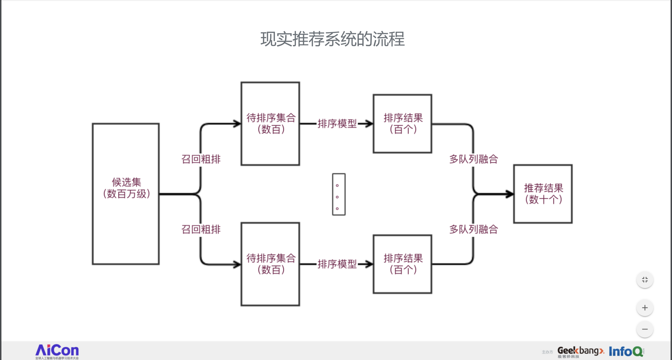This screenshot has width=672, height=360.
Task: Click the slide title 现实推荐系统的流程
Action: click(333, 39)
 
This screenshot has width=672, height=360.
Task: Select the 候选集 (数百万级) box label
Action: click(126, 188)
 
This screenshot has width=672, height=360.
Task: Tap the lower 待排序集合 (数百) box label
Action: click(271, 264)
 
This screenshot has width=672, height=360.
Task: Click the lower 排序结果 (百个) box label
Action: click(403, 264)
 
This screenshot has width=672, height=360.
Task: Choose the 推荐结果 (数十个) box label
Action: click(544, 194)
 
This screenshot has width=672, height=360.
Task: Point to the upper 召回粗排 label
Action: click(201, 159)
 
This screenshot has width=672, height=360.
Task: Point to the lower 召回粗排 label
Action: click(201, 229)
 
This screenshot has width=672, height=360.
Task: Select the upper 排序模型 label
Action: click(337, 124)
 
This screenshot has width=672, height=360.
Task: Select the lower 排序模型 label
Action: click(337, 264)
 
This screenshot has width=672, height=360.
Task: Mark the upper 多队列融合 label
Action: click(474, 159)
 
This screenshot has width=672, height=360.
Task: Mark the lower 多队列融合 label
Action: click(474, 229)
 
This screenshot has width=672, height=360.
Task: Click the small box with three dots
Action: click(339, 194)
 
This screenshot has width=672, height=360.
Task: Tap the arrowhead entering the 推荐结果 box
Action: click(510, 194)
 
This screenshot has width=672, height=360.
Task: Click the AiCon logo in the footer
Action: click(57, 351)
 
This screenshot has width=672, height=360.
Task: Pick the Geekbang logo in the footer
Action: click(581, 352)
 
